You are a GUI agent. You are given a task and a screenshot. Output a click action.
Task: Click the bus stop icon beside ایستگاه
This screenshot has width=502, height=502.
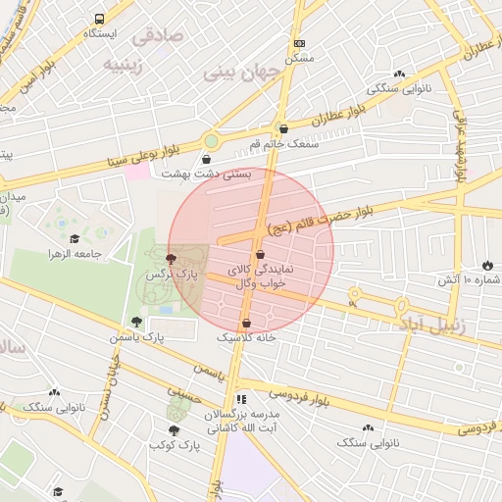(x=99, y=19)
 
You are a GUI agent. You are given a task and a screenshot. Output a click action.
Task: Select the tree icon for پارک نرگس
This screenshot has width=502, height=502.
(x=173, y=260)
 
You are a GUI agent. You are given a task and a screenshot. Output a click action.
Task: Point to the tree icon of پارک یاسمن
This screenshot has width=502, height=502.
(x=136, y=321)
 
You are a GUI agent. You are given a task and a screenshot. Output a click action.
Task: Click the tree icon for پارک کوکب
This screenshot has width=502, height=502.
(x=174, y=429)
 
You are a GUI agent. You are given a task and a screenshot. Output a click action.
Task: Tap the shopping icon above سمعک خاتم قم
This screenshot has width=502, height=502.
(x=283, y=127)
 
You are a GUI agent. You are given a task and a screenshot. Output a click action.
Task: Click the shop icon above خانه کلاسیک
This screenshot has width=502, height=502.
(x=246, y=321)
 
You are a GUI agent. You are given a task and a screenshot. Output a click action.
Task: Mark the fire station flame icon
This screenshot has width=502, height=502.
(x=487, y=265)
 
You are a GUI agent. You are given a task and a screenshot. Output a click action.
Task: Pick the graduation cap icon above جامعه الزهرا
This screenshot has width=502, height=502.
(x=75, y=238)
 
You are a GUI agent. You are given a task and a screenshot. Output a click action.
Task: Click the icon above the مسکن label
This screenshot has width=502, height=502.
(x=299, y=43)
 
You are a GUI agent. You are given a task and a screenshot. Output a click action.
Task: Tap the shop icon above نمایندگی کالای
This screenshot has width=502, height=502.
(x=259, y=255)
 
